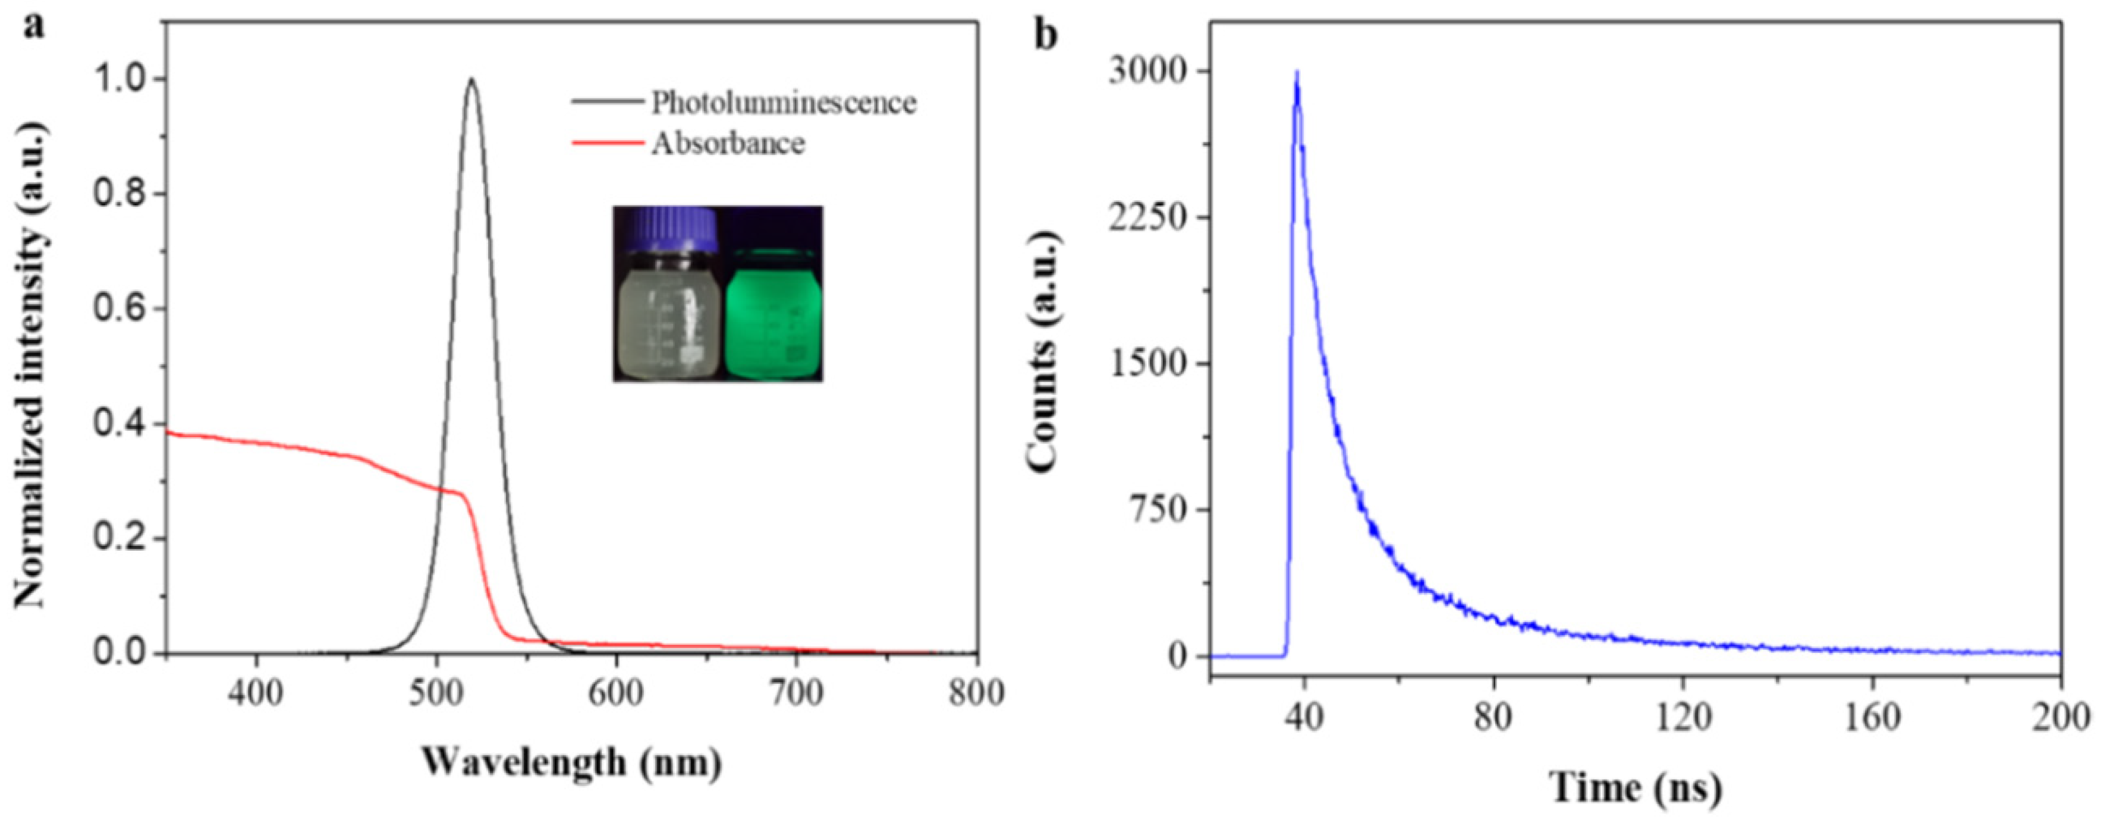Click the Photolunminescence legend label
tap(783, 102)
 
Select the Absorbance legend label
tap(727, 143)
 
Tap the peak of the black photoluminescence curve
tap(471, 80)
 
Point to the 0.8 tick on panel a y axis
tap(122, 194)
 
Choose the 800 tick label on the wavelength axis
tap(976, 693)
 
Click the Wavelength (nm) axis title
tap(572, 762)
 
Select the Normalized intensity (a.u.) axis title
tap(31, 364)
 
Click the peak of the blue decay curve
tap(1297, 74)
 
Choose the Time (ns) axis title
tap(1636, 787)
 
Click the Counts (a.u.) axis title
tap(1043, 352)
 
